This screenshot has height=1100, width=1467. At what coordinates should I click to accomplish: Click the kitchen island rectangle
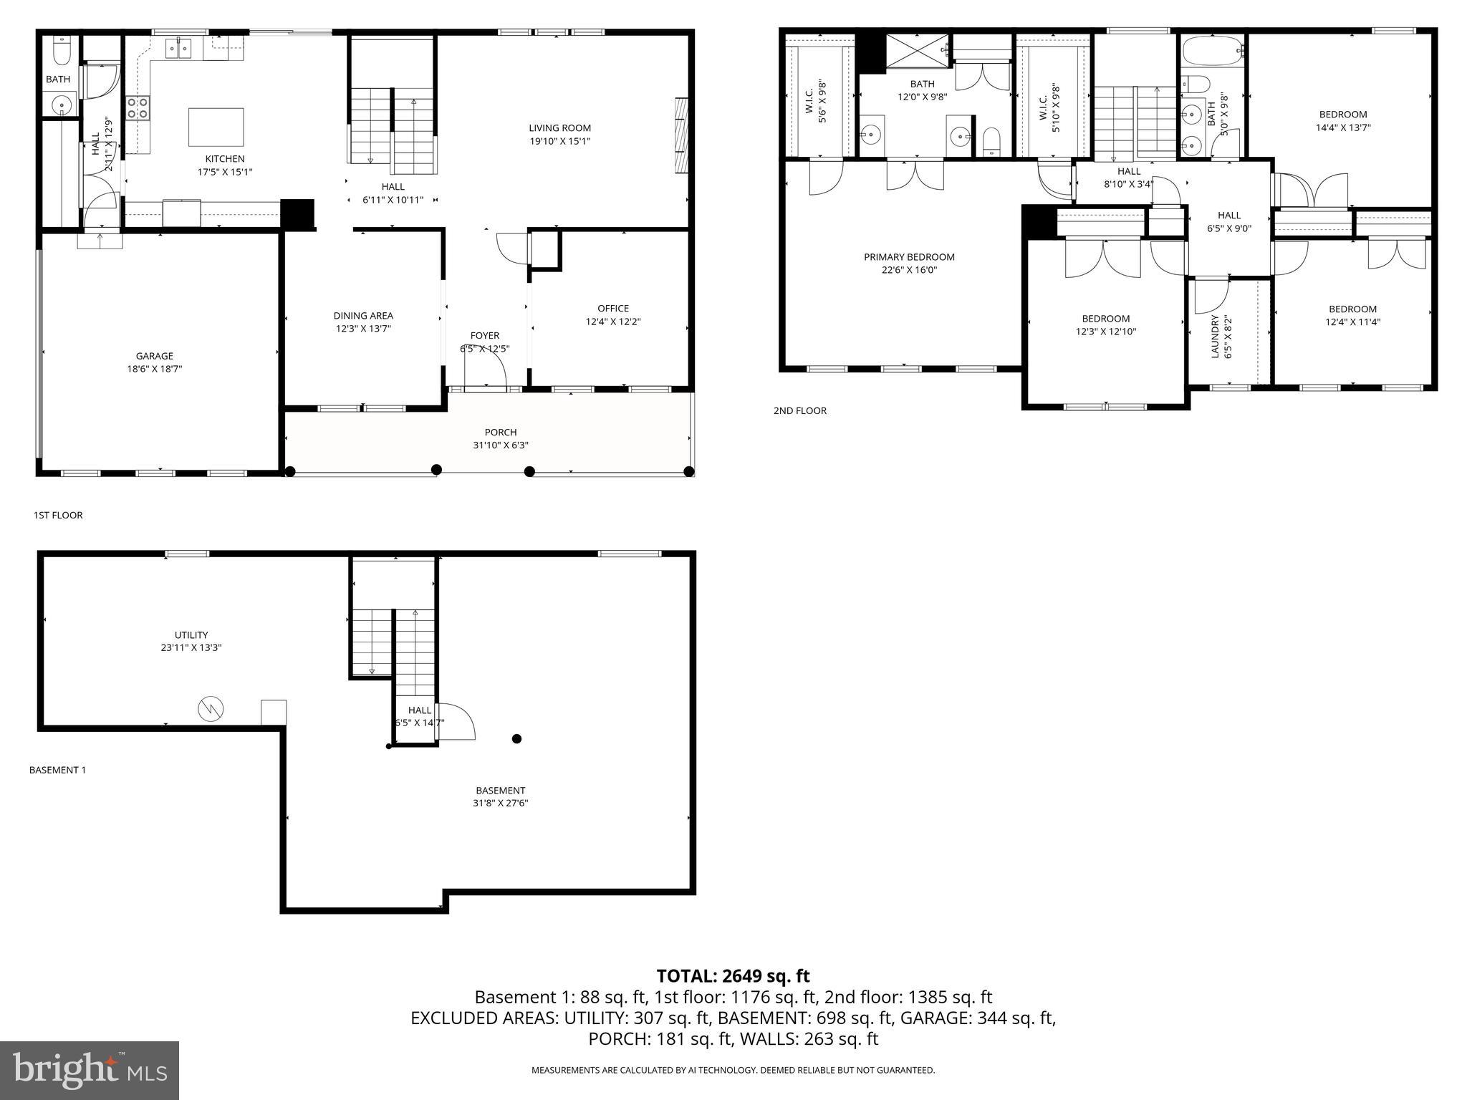click(216, 127)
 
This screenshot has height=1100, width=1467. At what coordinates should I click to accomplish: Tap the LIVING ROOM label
click(559, 128)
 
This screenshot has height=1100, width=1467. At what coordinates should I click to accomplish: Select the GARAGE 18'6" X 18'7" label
click(155, 362)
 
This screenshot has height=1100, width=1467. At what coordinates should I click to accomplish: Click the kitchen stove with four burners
click(138, 108)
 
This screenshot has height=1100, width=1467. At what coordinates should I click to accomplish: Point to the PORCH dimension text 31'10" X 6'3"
click(500, 445)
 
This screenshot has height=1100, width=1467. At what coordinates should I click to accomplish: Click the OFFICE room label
click(612, 309)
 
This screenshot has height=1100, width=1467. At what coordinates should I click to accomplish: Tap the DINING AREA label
click(363, 316)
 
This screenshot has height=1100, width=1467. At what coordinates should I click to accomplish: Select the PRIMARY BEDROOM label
click(909, 257)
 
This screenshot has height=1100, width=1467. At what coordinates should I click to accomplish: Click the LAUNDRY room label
click(1215, 337)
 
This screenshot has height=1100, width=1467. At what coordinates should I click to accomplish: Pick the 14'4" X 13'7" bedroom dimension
click(1342, 127)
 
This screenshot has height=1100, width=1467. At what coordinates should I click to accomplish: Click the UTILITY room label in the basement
click(191, 635)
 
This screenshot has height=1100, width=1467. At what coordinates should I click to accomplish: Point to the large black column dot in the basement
click(516, 738)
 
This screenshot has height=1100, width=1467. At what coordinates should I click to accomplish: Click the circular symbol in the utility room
click(211, 709)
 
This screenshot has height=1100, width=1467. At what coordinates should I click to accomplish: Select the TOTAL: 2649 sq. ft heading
click(733, 976)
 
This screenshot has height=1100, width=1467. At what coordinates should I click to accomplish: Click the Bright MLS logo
click(90, 1070)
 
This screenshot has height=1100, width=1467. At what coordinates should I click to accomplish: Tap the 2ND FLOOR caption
click(799, 411)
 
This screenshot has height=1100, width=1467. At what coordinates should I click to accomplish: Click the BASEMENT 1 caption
click(57, 770)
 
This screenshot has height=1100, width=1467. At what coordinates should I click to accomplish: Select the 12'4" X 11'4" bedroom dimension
click(1352, 322)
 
